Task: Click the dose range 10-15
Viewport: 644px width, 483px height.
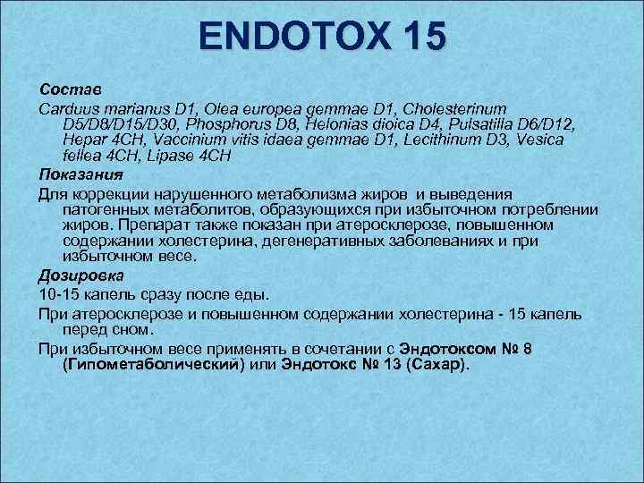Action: tap(58, 294)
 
